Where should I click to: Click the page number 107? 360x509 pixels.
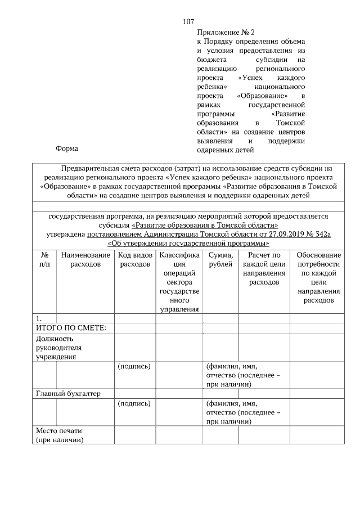(188, 22)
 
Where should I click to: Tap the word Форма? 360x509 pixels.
(67, 148)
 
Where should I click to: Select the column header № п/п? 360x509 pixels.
(44, 259)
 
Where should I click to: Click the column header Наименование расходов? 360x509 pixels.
(85, 259)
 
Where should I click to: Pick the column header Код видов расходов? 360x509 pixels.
(135, 259)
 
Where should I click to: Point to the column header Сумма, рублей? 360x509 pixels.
(220, 259)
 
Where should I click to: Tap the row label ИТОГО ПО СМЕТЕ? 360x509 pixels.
(71, 328)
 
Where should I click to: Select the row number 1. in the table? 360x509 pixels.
(39, 318)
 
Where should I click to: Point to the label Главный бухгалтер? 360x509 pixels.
(68, 394)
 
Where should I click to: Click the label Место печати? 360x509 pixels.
(59, 435)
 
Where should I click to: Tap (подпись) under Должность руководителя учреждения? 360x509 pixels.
(133, 366)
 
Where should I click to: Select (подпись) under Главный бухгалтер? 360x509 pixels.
(133, 403)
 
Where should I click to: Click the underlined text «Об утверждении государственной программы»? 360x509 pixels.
(188, 244)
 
